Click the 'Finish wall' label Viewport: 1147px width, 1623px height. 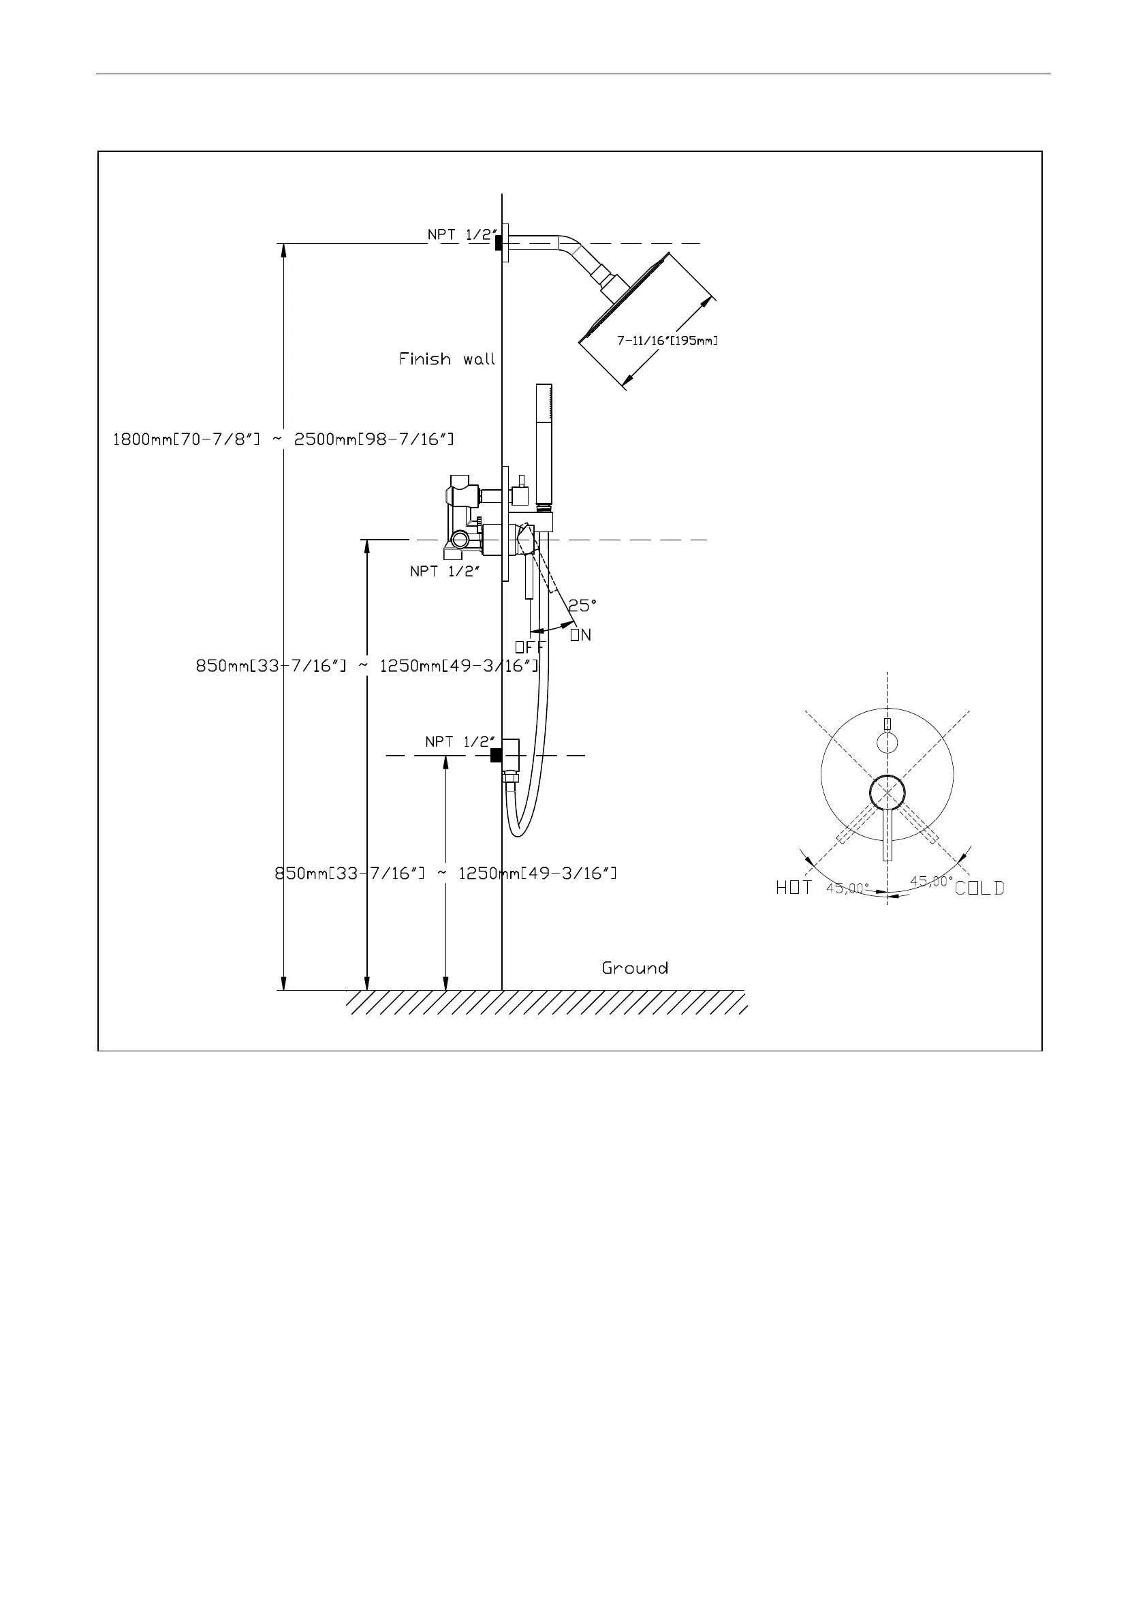tap(447, 359)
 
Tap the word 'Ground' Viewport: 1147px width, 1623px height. tap(635, 968)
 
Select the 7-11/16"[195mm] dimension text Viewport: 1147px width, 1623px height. tap(667, 341)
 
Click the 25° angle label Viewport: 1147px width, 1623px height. tap(582, 606)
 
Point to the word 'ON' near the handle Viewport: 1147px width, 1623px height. tap(580, 635)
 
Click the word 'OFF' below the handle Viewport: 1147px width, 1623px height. tap(529, 647)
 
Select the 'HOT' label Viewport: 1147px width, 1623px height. tap(794, 888)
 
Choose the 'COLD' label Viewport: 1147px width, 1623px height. tap(979, 888)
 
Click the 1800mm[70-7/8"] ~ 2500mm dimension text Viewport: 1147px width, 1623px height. tap(283, 439)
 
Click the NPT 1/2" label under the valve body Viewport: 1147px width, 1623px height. tap(445, 571)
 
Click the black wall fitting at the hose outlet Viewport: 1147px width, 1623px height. tap(496, 756)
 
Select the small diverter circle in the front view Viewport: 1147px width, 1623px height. tap(886, 742)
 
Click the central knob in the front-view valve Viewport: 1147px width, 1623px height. tap(887, 792)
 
